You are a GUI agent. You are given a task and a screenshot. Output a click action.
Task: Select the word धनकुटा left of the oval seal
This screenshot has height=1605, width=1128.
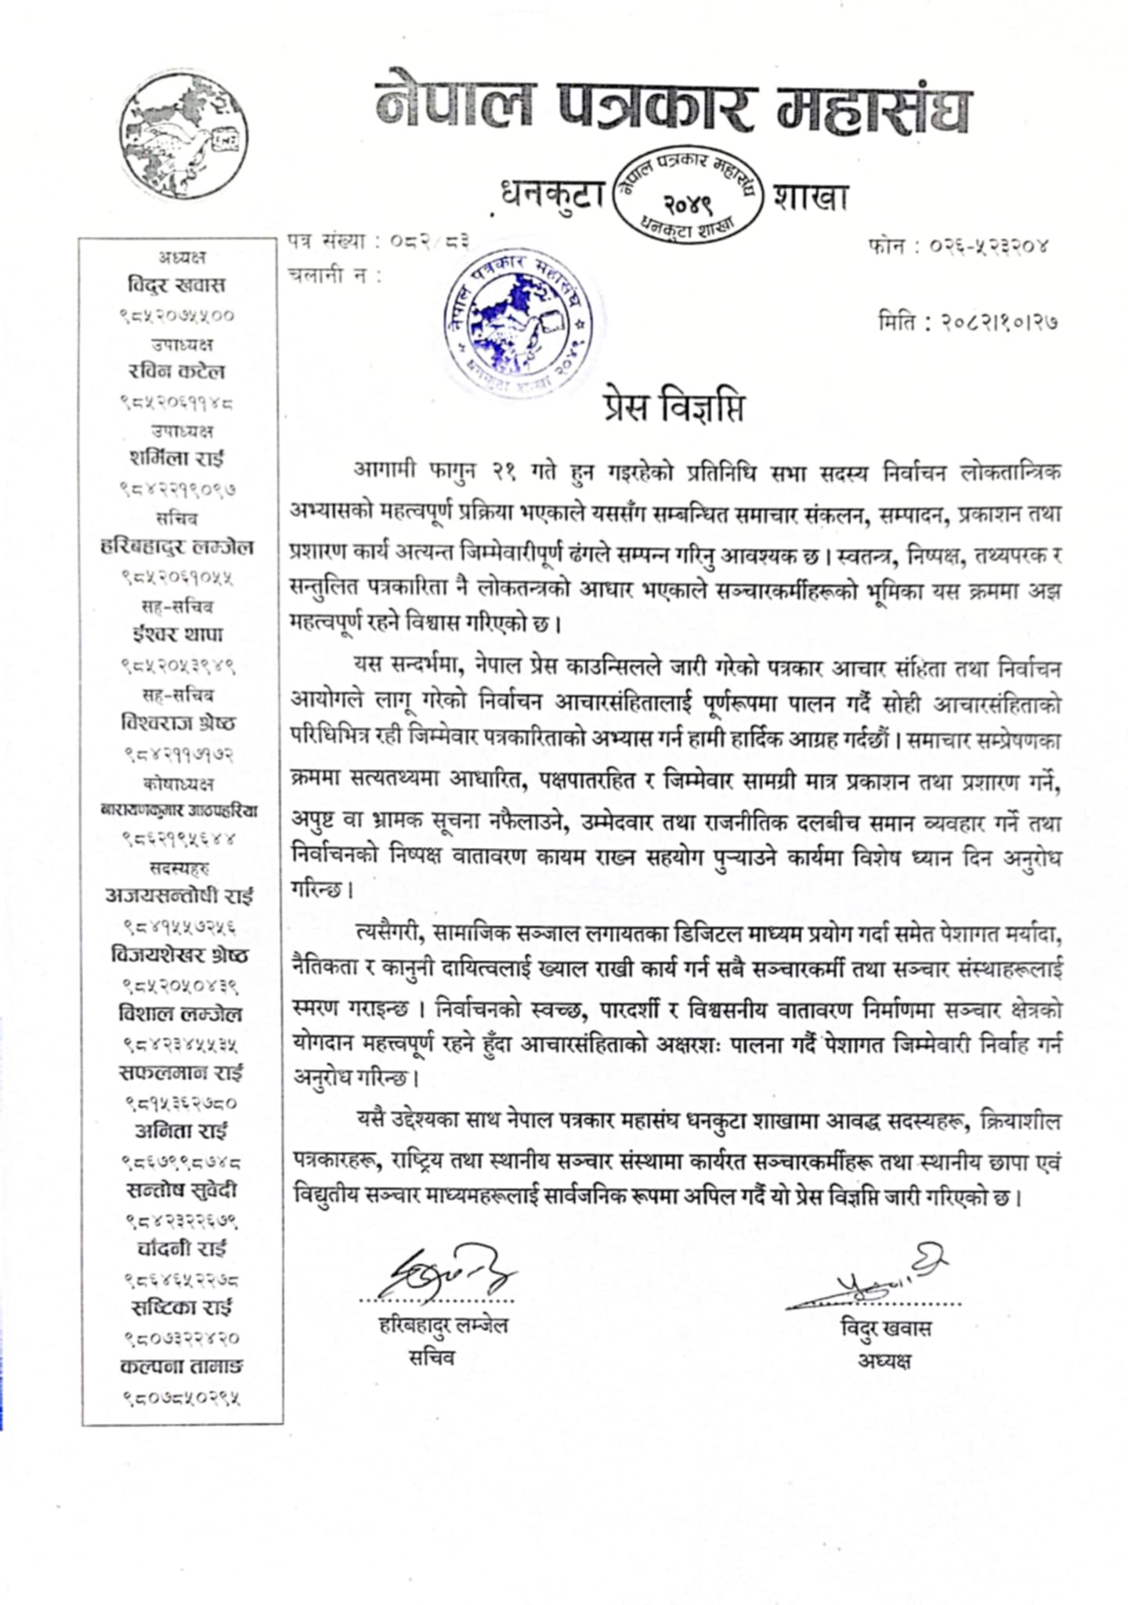click(x=554, y=195)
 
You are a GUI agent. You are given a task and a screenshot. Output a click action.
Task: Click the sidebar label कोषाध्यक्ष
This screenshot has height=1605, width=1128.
click(x=179, y=783)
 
